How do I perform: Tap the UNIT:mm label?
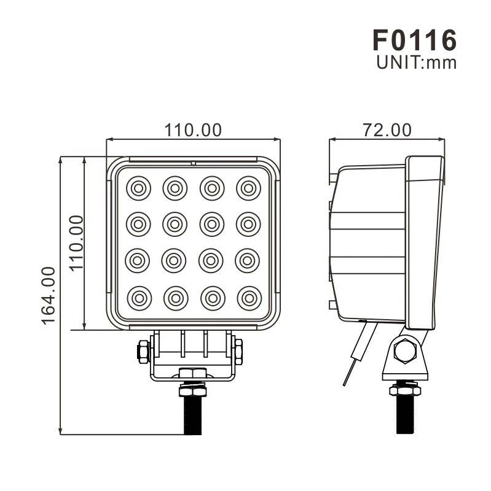(x=416, y=63)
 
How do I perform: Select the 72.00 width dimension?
(x=387, y=130)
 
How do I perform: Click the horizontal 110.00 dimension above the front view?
(x=192, y=130)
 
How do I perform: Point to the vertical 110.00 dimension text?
(x=76, y=243)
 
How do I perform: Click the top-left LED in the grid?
(x=138, y=188)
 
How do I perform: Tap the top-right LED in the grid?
(x=248, y=188)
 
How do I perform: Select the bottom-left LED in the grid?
(x=138, y=298)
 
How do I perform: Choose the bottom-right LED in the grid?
(x=248, y=298)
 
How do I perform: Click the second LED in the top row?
(x=175, y=188)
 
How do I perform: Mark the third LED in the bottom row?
(x=211, y=298)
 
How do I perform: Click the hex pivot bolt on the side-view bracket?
(x=405, y=352)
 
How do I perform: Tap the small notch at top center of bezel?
(x=193, y=164)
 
